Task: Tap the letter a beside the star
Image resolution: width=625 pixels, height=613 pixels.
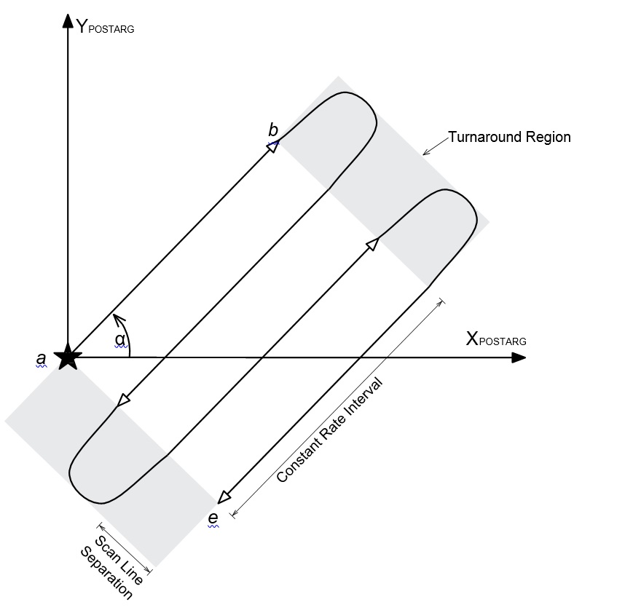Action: click(x=41, y=359)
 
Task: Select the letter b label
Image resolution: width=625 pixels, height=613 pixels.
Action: click(x=273, y=130)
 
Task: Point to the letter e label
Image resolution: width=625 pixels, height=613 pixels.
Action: click(x=213, y=518)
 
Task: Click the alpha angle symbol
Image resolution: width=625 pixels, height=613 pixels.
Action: click(x=120, y=339)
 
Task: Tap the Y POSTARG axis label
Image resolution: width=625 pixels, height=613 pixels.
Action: click(x=105, y=26)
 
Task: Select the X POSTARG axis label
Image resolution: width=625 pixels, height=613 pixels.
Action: click(x=496, y=339)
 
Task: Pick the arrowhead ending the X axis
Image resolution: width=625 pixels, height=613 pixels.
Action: click(x=519, y=357)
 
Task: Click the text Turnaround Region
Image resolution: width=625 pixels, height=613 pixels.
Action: click(x=509, y=137)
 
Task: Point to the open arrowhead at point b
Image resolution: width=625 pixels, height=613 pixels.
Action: click(x=273, y=146)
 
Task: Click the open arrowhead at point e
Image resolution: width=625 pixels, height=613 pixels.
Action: click(x=224, y=497)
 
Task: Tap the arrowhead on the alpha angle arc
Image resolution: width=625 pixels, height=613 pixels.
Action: click(x=119, y=319)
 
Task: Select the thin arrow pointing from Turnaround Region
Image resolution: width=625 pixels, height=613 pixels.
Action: click(x=436, y=146)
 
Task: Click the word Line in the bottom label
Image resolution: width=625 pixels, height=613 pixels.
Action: click(x=131, y=573)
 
